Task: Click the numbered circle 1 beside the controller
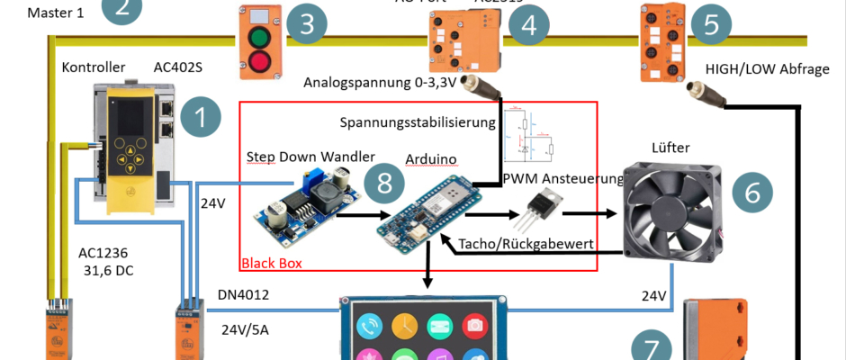(x=200, y=118)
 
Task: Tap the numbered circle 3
(x=307, y=25)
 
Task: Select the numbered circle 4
(x=528, y=25)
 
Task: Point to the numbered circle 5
(x=712, y=25)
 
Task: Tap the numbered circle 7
(x=652, y=346)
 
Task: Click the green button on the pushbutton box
(x=259, y=40)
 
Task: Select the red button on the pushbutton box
(x=259, y=62)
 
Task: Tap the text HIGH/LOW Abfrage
(x=767, y=69)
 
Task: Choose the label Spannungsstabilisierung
(x=418, y=121)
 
